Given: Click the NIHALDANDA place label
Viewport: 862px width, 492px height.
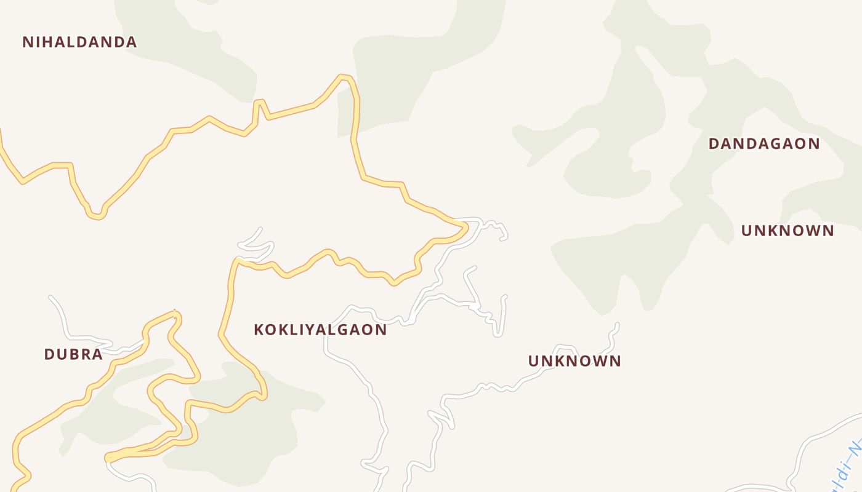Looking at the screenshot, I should pos(79,42).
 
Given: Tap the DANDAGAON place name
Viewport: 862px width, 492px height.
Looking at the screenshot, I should pos(763,144).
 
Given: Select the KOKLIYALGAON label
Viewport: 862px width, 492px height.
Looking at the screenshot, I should pos(320,330).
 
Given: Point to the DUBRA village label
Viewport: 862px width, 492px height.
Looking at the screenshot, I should pos(73,355).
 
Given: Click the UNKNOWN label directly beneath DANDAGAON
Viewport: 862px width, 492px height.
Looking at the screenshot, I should pos(787,231).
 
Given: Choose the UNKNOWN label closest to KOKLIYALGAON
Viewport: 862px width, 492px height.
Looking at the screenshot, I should pos(574,361).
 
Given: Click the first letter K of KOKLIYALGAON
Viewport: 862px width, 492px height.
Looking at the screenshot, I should pos(259,330).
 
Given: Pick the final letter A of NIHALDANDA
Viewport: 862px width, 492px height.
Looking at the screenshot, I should pos(131,42).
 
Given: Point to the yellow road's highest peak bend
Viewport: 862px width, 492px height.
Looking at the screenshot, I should pos(345,77).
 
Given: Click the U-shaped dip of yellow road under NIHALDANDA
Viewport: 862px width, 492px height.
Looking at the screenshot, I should pos(95,215).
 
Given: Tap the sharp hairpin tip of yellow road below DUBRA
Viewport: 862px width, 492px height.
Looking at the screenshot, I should pos(108,458).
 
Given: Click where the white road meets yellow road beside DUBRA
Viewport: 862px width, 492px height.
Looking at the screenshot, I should pos(143,340).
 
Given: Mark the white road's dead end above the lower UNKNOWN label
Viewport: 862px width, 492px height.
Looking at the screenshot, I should pos(616,325).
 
